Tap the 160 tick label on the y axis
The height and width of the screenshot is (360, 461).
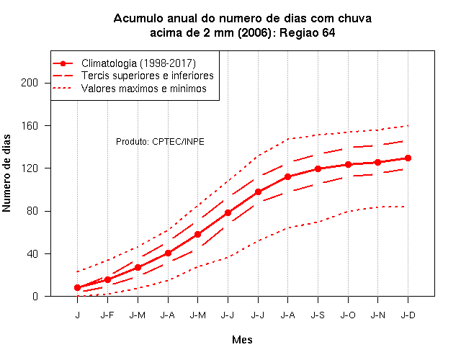30,126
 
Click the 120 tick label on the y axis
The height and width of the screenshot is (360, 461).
30,168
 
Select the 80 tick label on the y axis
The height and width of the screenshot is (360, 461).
32,211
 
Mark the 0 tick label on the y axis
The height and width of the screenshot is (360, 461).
35,296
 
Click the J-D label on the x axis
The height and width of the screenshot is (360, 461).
408,315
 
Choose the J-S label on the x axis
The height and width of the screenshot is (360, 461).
318,315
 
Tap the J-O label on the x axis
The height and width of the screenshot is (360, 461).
348,315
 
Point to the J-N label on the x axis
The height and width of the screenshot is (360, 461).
377,315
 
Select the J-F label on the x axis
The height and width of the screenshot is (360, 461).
107,315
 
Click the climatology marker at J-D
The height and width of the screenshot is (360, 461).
408,158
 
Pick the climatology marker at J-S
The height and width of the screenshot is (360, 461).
318,168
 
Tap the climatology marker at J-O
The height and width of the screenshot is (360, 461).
348,165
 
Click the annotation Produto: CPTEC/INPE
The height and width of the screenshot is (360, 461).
160,142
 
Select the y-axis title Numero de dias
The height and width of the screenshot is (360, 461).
6,173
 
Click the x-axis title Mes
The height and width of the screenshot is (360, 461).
242,340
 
